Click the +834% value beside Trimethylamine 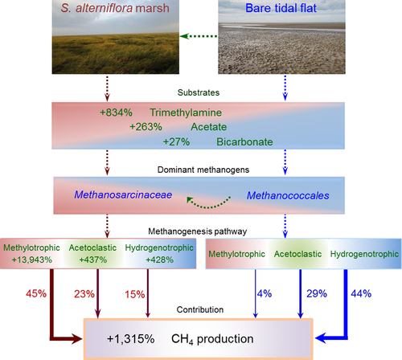tap(116, 112)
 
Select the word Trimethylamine tap(186, 112)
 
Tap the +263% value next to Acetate tap(146, 127)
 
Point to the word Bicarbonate tap(244, 141)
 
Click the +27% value tap(176, 141)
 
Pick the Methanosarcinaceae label tap(123, 194)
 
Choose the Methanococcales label tap(288, 195)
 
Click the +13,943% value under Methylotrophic tap(31, 260)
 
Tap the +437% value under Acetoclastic tap(93, 260)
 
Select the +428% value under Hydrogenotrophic tap(160, 260)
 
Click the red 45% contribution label tap(36, 293)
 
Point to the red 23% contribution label tap(84, 294)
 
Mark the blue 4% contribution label tap(265, 293)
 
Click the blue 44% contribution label tap(361, 293)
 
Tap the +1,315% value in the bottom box tap(130, 339)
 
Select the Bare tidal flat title tap(281, 8)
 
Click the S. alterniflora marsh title tap(115, 8)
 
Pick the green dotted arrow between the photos tap(199, 36)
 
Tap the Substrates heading tap(199, 92)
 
